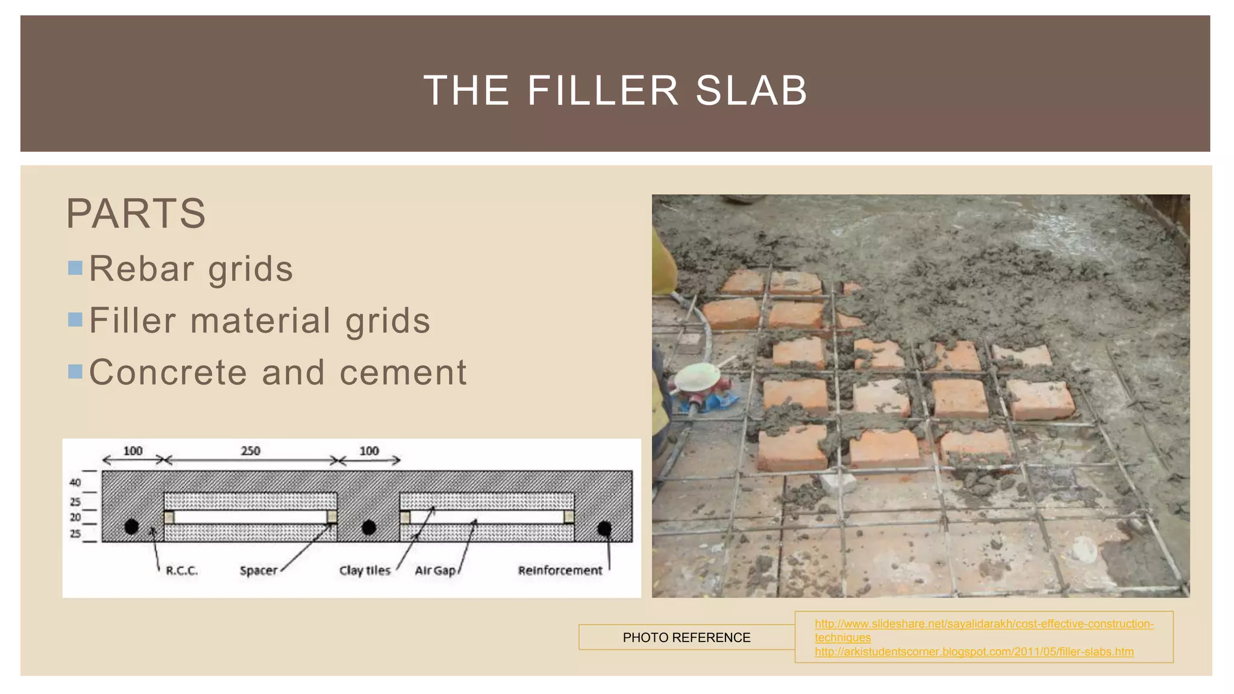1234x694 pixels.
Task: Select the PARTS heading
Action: click(136, 214)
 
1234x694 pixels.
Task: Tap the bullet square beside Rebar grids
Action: click(75, 268)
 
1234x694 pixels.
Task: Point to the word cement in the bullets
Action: click(403, 372)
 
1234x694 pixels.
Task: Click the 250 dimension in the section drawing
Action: click(251, 451)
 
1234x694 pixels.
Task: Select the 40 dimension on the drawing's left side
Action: click(75, 482)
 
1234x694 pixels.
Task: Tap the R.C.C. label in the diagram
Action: click(181, 571)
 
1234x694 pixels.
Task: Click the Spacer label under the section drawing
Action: click(258, 571)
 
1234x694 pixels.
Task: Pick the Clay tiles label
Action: click(365, 571)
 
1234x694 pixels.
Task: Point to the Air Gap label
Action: click(435, 571)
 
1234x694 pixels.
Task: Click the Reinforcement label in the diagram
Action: click(560, 571)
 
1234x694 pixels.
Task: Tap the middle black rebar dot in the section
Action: click(369, 528)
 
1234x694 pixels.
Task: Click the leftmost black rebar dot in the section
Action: click(131, 527)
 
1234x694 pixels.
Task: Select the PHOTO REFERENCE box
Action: click(686, 637)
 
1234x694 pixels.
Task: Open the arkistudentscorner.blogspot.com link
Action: click(974, 652)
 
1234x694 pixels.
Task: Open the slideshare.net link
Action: click(984, 624)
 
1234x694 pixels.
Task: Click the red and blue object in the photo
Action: click(705, 395)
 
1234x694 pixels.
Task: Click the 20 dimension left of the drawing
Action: click(75, 517)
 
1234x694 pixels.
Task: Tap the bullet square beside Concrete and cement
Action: click(75, 372)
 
